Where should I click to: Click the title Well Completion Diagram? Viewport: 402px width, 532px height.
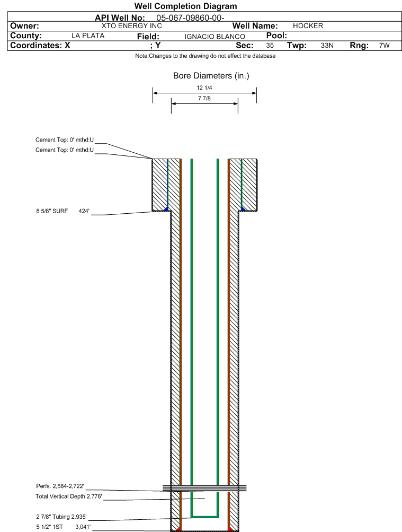tap(185, 6)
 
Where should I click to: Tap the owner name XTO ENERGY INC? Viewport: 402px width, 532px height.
tap(131, 26)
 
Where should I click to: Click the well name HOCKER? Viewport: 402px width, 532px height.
tap(308, 26)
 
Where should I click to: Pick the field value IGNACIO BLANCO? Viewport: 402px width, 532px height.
tap(215, 37)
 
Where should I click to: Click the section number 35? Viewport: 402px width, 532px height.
tap(270, 46)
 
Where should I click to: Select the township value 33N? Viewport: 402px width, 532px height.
tap(327, 46)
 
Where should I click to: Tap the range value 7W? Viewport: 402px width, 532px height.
tap(384, 46)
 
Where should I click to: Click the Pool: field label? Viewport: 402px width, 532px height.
tap(273, 36)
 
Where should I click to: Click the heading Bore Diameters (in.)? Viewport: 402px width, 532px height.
tap(211, 76)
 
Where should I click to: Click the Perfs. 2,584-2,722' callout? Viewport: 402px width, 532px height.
tap(60, 486)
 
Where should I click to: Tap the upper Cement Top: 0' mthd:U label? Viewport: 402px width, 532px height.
tap(64, 139)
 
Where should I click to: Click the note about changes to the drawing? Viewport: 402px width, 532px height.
tap(206, 56)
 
